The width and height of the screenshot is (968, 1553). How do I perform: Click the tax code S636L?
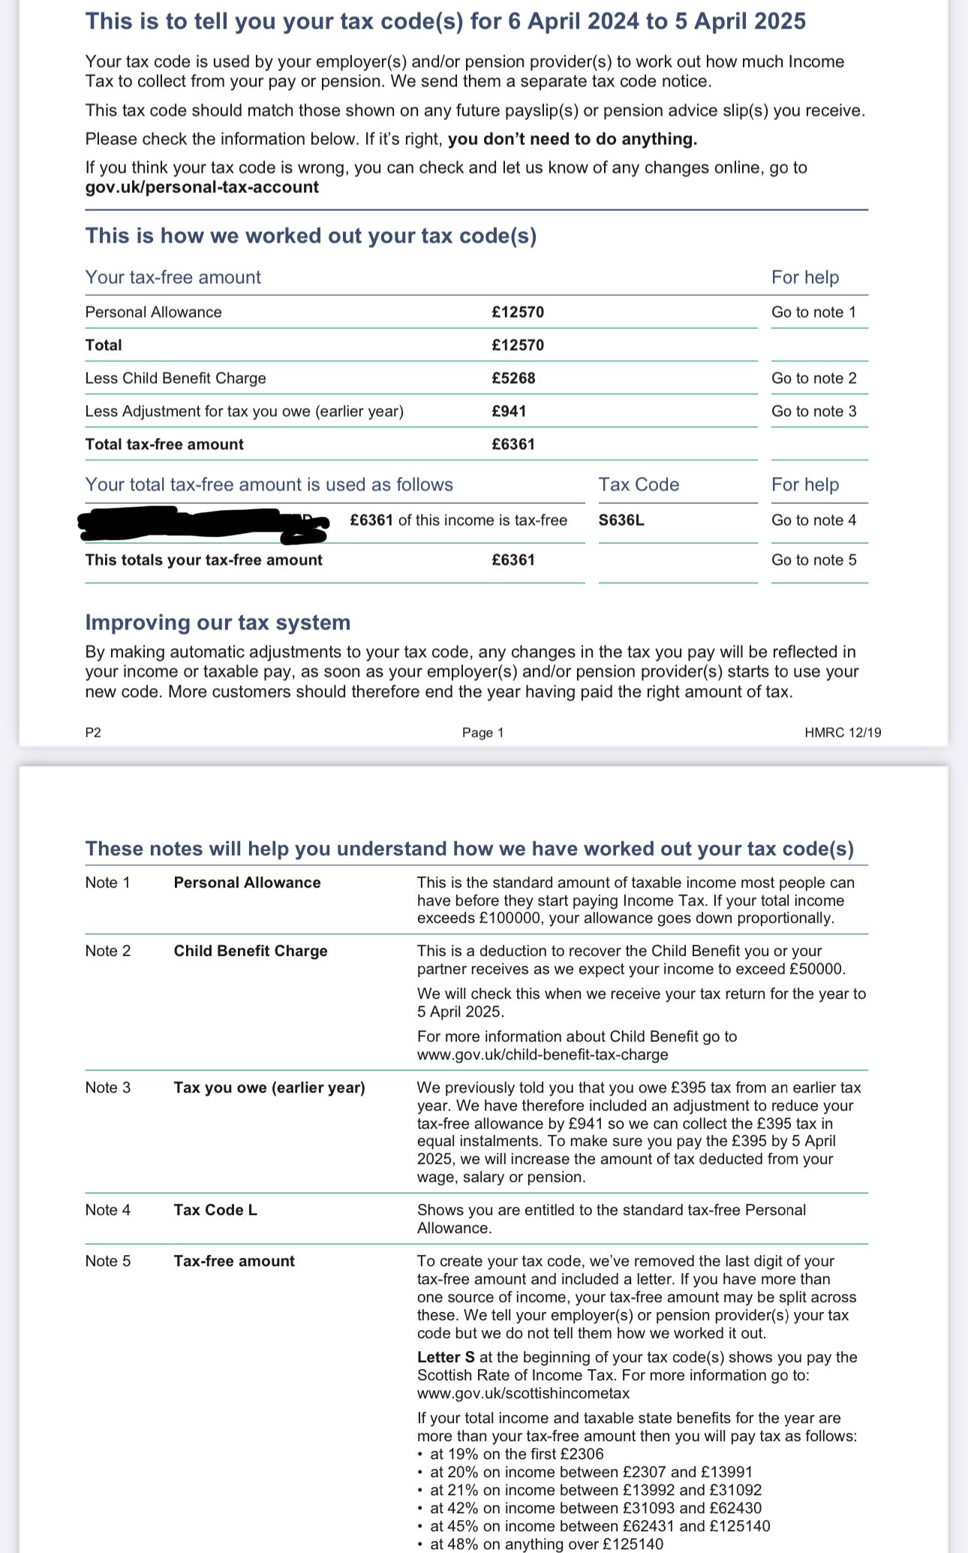pyautogui.click(x=621, y=520)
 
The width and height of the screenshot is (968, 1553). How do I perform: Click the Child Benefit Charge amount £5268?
pyautogui.click(x=514, y=378)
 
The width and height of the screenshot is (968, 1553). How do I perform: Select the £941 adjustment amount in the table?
pyautogui.click(x=510, y=412)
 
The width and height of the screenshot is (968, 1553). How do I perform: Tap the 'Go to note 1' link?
pyautogui.click(x=814, y=312)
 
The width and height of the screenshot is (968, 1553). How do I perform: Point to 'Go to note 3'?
pyautogui.click(x=814, y=412)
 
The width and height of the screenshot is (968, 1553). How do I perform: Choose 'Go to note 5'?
pyautogui.click(x=814, y=560)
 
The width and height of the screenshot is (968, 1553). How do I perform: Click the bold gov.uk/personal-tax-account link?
pyautogui.click(x=202, y=188)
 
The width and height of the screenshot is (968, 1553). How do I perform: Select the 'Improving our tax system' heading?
pyautogui.click(x=218, y=623)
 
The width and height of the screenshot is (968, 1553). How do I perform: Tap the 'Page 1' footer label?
pyautogui.click(x=483, y=733)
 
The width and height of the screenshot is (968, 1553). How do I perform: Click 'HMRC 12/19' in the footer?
pyautogui.click(x=843, y=733)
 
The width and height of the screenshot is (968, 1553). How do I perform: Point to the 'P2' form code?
pyautogui.click(x=93, y=733)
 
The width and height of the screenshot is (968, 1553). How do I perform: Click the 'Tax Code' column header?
pyautogui.click(x=639, y=485)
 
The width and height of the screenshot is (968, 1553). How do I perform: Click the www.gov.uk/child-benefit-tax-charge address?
pyautogui.click(x=543, y=1055)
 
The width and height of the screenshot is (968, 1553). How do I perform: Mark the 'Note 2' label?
pyautogui.click(x=108, y=951)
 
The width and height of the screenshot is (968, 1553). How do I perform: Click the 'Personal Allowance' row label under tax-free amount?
pyautogui.click(x=154, y=312)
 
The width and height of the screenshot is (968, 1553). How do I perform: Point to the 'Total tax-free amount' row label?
pyautogui.click(x=164, y=445)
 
